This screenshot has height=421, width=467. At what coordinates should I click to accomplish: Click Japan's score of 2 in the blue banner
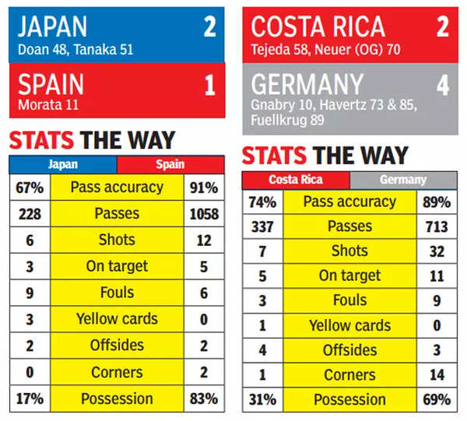pyautogui.click(x=209, y=27)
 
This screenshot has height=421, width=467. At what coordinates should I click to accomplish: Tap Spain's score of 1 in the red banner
pyautogui.click(x=209, y=84)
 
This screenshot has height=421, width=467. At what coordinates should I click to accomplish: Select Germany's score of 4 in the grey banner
pyautogui.click(x=443, y=84)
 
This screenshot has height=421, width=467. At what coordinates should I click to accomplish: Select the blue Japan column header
pyautogui.click(x=62, y=164)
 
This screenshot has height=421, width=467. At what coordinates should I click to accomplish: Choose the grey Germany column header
pyautogui.click(x=403, y=180)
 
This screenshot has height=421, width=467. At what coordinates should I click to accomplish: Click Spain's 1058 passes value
pyautogui.click(x=204, y=214)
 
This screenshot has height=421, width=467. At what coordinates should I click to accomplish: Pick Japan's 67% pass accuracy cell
pyautogui.click(x=30, y=188)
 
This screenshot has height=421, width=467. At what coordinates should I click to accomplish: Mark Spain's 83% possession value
pyautogui.click(x=204, y=399)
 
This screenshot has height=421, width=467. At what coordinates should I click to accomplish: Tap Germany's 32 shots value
pyautogui.click(x=437, y=251)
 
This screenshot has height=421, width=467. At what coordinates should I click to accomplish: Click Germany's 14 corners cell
pyautogui.click(x=437, y=375)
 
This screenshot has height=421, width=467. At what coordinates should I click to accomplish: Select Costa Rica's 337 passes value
pyautogui.click(x=262, y=226)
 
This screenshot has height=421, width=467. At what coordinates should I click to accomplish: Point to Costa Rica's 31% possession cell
pyautogui.click(x=262, y=400)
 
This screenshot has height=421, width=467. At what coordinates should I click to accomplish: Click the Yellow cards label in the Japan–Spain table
pyautogui.click(x=117, y=319)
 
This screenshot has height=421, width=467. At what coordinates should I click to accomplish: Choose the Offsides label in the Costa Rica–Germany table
pyautogui.click(x=349, y=350)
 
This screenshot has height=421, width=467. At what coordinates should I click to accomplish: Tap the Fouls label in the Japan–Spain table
pyautogui.click(x=117, y=293)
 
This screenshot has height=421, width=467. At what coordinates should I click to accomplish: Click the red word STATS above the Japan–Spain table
pyautogui.click(x=41, y=141)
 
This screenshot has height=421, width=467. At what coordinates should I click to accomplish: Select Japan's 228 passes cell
pyautogui.click(x=30, y=214)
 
